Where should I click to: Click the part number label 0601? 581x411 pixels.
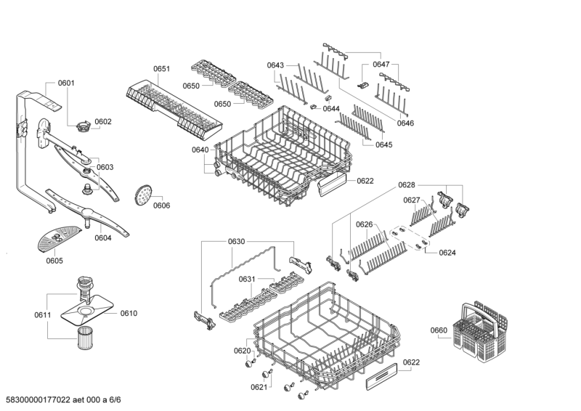(65, 84)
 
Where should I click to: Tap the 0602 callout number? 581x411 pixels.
(102, 121)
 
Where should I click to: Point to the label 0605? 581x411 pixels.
(54, 261)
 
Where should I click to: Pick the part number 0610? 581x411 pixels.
(129, 313)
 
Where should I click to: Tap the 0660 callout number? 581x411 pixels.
(439, 331)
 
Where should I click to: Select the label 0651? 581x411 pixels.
(161, 69)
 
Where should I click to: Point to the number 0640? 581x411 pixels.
(200, 150)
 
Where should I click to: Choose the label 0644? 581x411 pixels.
(331, 109)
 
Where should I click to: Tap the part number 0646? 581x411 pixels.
(405, 123)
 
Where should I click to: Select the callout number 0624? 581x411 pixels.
(447, 253)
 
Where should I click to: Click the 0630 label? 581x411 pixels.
(237, 240)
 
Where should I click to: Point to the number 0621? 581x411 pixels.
(259, 387)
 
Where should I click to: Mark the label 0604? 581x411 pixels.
(102, 237)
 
